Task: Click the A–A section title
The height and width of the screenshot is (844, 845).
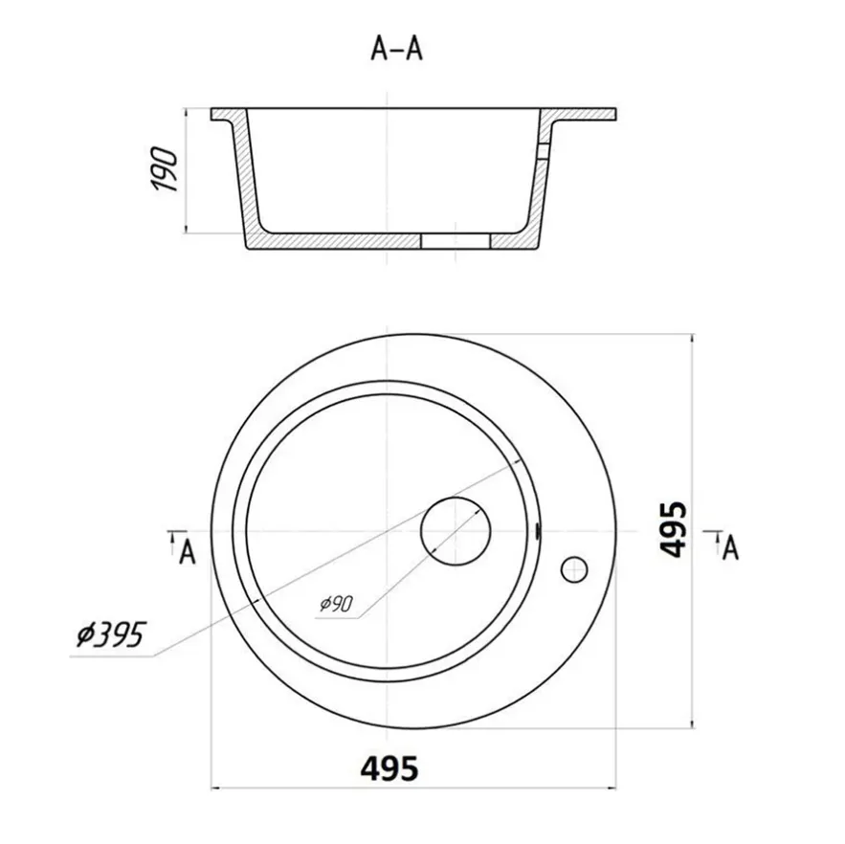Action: pyautogui.click(x=396, y=50)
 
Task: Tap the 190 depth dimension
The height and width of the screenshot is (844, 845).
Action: pyautogui.click(x=165, y=168)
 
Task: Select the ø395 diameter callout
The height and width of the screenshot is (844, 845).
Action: pyautogui.click(x=110, y=634)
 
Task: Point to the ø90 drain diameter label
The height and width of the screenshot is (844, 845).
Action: pyautogui.click(x=336, y=604)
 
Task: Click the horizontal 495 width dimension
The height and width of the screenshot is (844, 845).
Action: pyautogui.click(x=389, y=768)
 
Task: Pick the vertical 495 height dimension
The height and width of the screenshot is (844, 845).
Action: pyautogui.click(x=674, y=529)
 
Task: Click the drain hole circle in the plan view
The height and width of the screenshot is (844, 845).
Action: pyautogui.click(x=456, y=531)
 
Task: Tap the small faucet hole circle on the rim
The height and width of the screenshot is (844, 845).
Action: pyautogui.click(x=574, y=569)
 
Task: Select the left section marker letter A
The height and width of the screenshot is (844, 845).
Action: pyautogui.click(x=187, y=552)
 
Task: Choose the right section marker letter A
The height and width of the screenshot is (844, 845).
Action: pyautogui.click(x=730, y=548)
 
